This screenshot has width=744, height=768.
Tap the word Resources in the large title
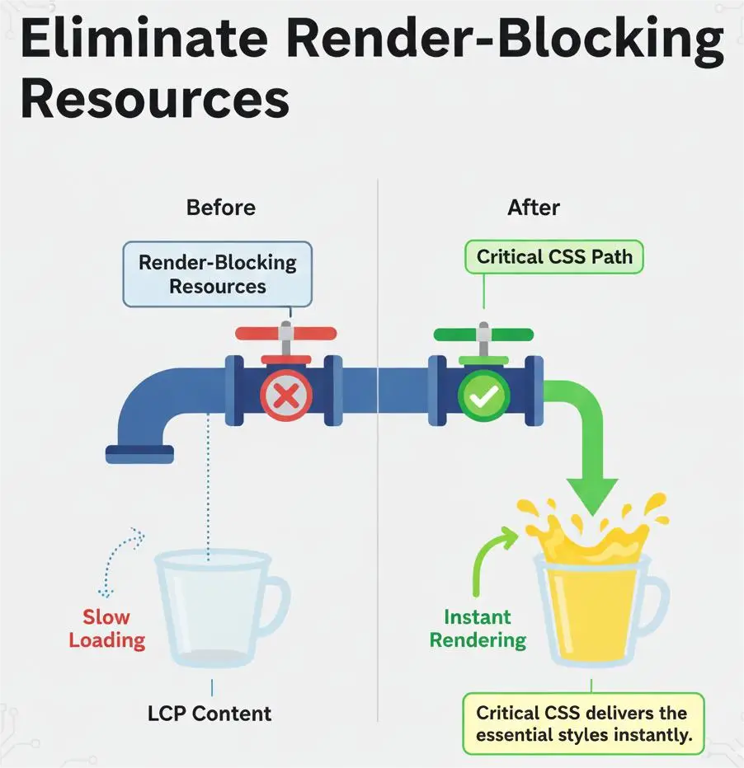[x=154, y=100]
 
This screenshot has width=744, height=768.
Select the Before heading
[x=220, y=207]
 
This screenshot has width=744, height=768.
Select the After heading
[x=534, y=207]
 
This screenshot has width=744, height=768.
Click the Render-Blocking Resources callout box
[x=217, y=274]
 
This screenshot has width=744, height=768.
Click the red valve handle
[x=285, y=334]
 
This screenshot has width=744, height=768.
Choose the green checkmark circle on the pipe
[x=484, y=397]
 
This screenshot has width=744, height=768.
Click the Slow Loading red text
[x=106, y=628]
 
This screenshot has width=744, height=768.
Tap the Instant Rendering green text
[x=478, y=628]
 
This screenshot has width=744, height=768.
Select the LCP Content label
[x=210, y=713]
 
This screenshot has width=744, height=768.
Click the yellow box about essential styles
[x=582, y=724]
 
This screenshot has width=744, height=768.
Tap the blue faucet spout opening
[x=139, y=454]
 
